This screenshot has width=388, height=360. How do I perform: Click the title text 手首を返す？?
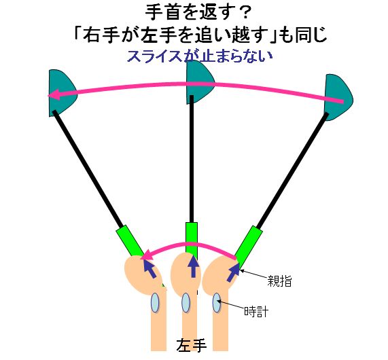coord(198,13)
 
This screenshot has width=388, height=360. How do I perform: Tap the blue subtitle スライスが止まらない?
coord(200,56)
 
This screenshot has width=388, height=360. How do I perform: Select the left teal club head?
coord(62,93)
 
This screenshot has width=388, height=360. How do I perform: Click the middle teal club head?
coord(200,82)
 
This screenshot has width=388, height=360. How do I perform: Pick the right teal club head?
coord(339,98)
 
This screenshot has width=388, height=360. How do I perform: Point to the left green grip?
coord(130,240)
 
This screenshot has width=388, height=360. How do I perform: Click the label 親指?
coord(279,281)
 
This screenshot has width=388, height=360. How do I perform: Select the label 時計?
coord(256,312)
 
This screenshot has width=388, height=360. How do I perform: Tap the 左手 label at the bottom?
coord(192,345)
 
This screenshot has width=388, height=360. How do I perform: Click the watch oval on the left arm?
coord(155,302)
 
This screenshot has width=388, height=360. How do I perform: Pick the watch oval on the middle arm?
coord(186,302)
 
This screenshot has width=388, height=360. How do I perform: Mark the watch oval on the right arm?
coord(217,302)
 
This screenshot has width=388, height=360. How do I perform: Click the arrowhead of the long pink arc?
coord(54,95)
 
